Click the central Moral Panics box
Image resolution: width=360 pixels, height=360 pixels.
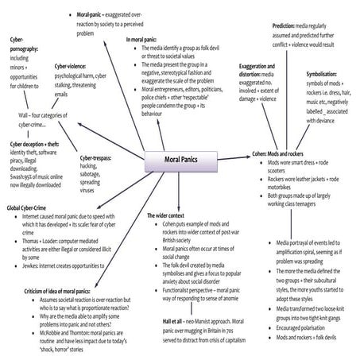click(170, 161)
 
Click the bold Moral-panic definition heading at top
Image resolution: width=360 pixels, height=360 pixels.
click(95, 14)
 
